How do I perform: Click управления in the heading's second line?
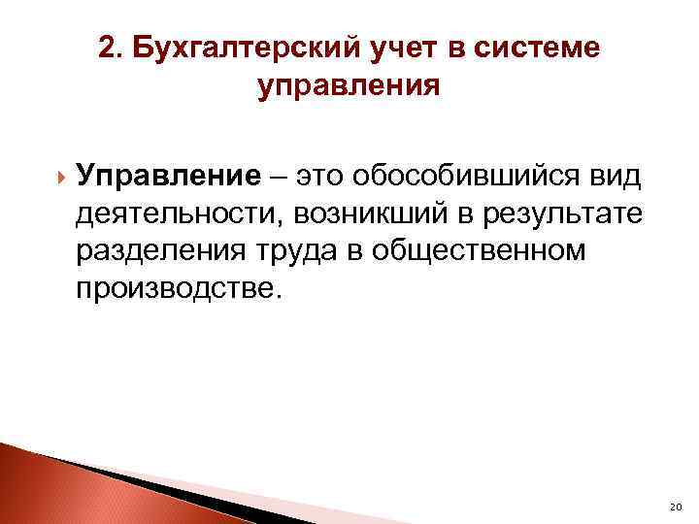[x=349, y=85]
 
